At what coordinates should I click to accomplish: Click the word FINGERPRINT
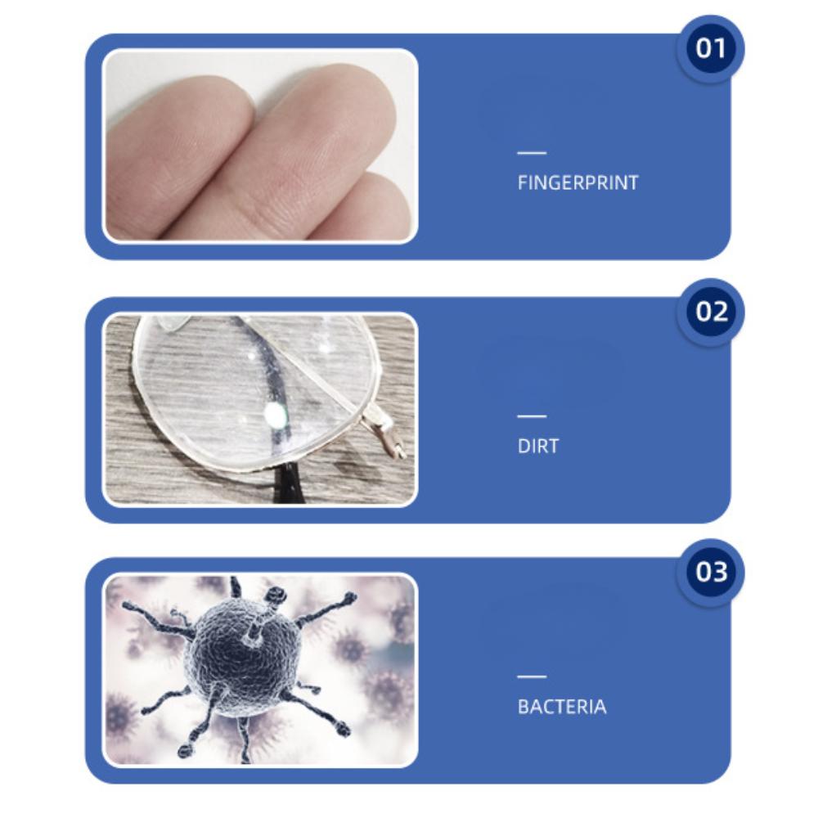tap(578, 182)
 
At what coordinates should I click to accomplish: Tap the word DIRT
tap(537, 446)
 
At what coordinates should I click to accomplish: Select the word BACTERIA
tap(562, 707)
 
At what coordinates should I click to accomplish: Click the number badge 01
tap(710, 49)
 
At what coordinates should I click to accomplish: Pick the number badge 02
tap(710, 312)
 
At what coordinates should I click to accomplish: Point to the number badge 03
tap(710, 572)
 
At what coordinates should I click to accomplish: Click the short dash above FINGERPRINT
tap(532, 153)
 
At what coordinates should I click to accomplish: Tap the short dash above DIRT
tap(532, 416)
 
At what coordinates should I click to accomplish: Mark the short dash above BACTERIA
tap(532, 676)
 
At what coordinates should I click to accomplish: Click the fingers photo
tap(259, 146)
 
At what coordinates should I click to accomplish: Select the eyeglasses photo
tap(259, 408)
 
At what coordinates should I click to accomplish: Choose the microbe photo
tap(259, 670)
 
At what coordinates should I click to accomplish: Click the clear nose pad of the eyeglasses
tap(164, 323)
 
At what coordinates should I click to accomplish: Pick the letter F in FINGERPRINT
tap(522, 182)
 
